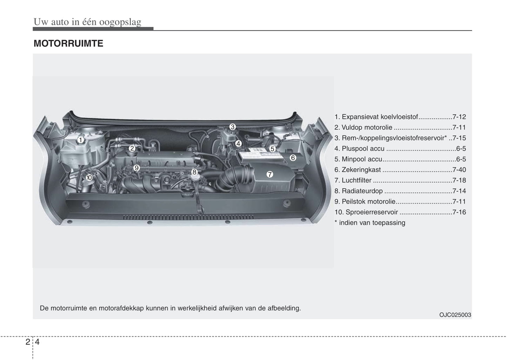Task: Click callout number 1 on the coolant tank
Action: click(x=80, y=140)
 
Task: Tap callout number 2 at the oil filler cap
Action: click(x=132, y=148)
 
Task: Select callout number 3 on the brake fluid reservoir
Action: click(x=233, y=127)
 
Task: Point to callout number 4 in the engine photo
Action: click(x=238, y=143)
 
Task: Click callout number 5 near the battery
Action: click(x=272, y=149)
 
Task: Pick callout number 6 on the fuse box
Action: click(x=293, y=158)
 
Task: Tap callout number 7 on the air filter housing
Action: click(x=269, y=174)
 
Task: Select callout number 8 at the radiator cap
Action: click(x=194, y=172)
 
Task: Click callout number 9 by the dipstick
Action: click(x=136, y=168)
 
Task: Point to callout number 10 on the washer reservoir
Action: click(x=89, y=178)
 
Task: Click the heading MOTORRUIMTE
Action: click(x=68, y=43)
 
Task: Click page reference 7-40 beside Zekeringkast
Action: click(x=459, y=169)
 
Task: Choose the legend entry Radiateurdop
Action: click(x=362, y=191)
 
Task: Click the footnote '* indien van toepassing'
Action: click(x=370, y=222)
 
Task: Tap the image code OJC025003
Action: click(x=455, y=315)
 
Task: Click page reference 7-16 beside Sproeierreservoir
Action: click(x=459, y=212)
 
